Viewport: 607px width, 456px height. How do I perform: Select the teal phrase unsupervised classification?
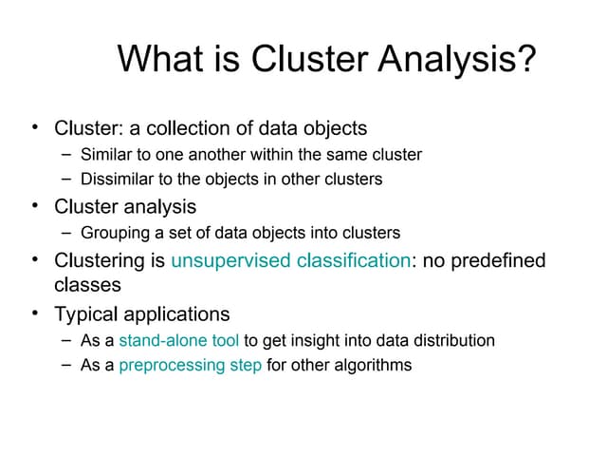289,259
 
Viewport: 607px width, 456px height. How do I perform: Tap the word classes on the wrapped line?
87,283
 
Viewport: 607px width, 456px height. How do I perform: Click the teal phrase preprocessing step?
191,365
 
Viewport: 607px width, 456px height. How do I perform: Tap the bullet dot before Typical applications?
34,312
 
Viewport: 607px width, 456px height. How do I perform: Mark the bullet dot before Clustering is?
34,257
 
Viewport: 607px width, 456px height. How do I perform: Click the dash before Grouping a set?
64,232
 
